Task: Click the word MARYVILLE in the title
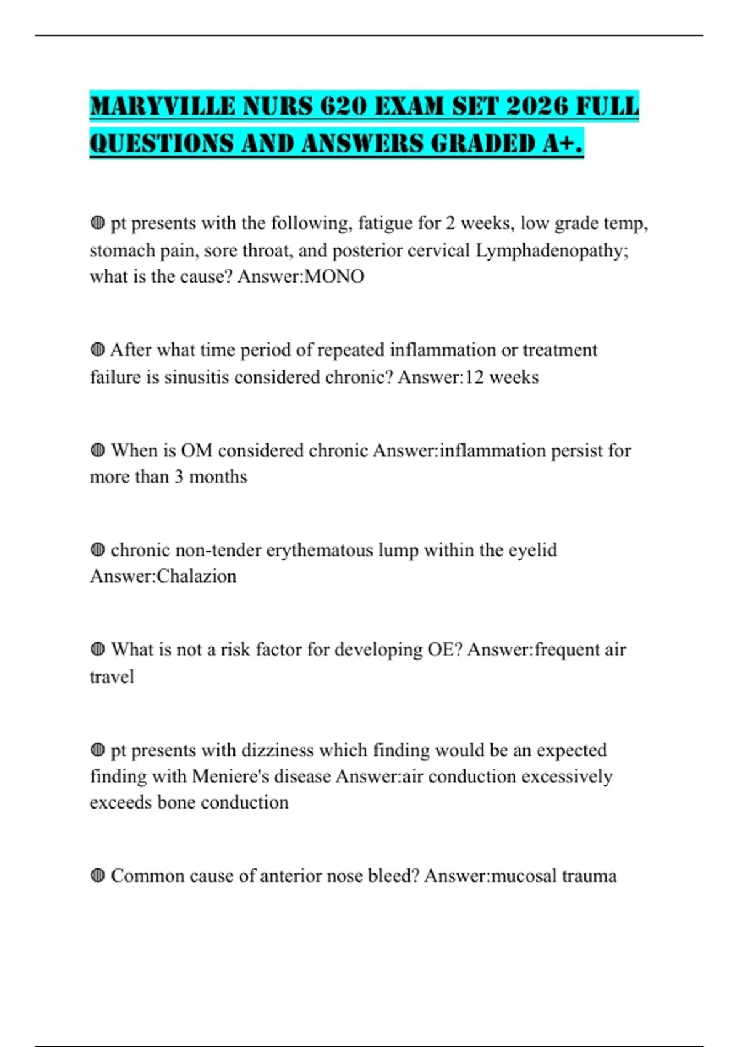click(162, 106)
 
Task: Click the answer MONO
click(334, 277)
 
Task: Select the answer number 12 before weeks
click(474, 377)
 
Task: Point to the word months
click(218, 477)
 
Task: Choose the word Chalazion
click(196, 576)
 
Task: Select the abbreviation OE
click(445, 650)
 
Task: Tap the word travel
click(111, 677)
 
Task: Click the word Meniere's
click(230, 776)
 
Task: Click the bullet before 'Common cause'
click(97, 875)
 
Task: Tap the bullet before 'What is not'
click(97, 649)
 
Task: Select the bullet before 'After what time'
click(97, 350)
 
